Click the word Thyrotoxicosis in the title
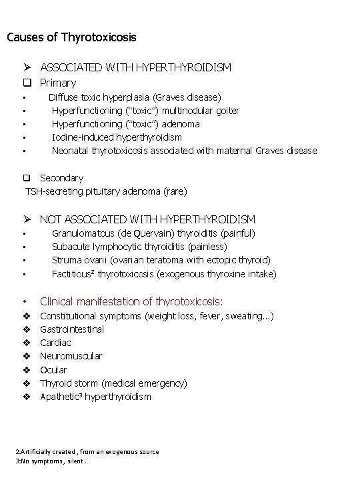99,37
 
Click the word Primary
58,83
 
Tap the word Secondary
61,178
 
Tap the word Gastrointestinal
72,329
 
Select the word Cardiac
55,343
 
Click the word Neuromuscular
71,356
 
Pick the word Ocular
53,370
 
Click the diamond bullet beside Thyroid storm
27,383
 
